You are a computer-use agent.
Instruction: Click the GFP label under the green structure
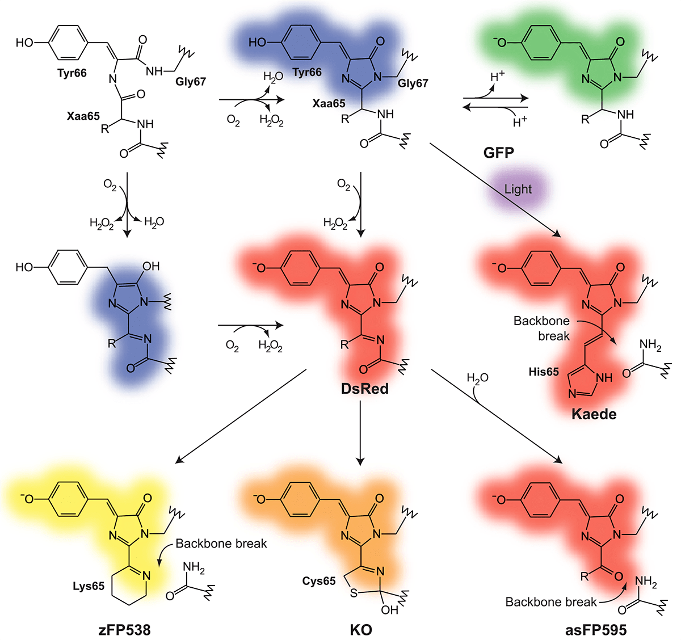pyautogui.click(x=499, y=153)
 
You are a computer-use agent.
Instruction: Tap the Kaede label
pyautogui.click(x=594, y=414)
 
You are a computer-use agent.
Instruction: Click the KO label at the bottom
pyautogui.click(x=361, y=629)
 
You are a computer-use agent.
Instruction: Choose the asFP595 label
pyautogui.click(x=596, y=629)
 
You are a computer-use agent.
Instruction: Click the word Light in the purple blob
pyautogui.click(x=518, y=190)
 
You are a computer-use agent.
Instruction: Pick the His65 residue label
pyautogui.click(x=543, y=372)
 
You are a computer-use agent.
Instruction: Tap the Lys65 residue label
pyautogui.click(x=89, y=586)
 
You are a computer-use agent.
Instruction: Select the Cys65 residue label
pyautogui.click(x=319, y=581)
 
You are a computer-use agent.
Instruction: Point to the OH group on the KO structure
pyautogui.click(x=390, y=610)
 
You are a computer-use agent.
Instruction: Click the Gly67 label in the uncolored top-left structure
pyautogui.click(x=191, y=81)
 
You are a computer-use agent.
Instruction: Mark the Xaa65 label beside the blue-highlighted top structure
pyautogui.click(x=329, y=104)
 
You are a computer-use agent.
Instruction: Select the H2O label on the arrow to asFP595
pyautogui.click(x=477, y=378)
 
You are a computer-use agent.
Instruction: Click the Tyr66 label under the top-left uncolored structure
pyautogui.click(x=72, y=73)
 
